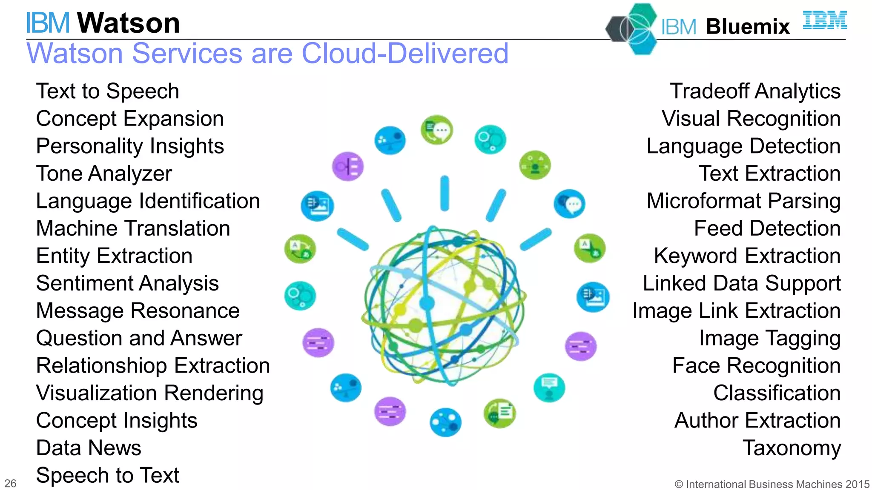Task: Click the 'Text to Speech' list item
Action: click(107, 91)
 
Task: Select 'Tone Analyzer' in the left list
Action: click(104, 174)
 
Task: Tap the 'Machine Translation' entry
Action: click(133, 228)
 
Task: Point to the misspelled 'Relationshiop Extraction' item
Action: click(153, 366)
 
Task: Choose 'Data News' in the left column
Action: click(89, 448)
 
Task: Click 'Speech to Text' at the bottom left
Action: click(107, 476)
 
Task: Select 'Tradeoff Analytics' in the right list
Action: click(755, 91)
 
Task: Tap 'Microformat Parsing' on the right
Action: click(743, 201)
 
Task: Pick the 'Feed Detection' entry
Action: click(767, 228)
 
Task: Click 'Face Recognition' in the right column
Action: click(756, 366)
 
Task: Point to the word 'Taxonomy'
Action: click(792, 448)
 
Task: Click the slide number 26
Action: click(10, 484)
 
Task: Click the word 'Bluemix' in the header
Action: click(748, 27)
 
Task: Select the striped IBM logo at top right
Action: click(824, 20)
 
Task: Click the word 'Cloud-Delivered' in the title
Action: click(404, 54)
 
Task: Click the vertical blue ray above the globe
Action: click(445, 194)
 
